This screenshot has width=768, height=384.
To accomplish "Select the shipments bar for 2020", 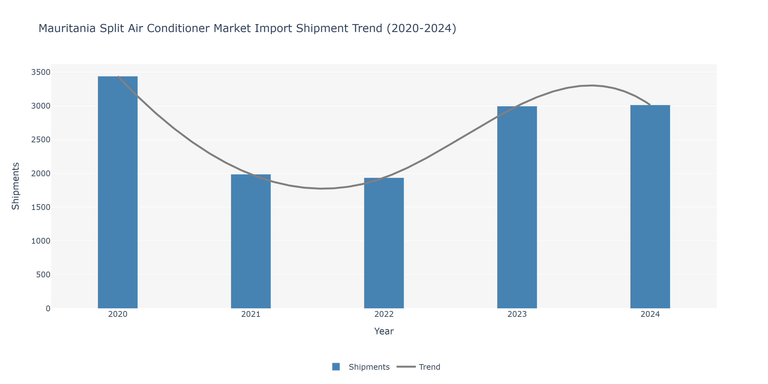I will (118, 192).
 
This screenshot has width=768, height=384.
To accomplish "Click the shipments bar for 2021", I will (251, 241).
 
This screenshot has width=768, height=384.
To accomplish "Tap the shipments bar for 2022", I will (384, 243).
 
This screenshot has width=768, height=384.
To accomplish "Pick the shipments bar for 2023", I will (517, 207).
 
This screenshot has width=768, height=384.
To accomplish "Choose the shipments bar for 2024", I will (650, 207).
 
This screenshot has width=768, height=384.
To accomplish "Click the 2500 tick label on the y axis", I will (41, 140).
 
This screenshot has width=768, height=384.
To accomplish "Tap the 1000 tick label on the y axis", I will (41, 241).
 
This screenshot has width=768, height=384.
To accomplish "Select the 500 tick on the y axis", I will (43, 275).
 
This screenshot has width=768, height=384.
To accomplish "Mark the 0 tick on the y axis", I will (48, 308).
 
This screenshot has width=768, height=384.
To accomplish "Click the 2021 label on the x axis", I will (251, 314).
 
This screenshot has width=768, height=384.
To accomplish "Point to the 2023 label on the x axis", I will (517, 314).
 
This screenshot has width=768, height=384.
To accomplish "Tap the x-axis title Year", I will (384, 331).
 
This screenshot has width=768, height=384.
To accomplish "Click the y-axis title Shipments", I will (16, 186).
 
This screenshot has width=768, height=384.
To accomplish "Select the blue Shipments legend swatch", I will (336, 367).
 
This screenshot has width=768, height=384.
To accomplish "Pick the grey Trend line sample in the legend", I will (406, 367).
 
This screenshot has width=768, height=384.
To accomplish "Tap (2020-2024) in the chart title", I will (421, 29).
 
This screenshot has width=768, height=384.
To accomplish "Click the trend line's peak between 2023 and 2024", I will (592, 86).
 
